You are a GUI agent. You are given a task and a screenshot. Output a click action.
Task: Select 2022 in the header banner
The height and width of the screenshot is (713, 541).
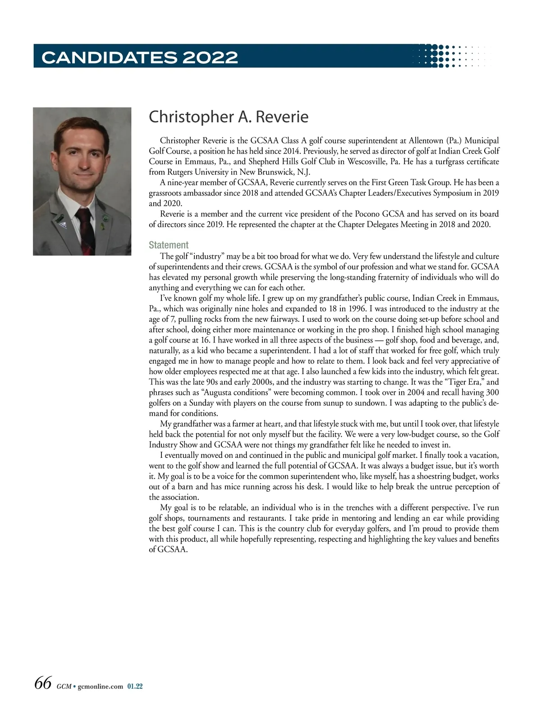click(x=210, y=57)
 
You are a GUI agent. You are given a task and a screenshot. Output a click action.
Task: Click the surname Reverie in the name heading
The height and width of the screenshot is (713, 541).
click(x=282, y=117)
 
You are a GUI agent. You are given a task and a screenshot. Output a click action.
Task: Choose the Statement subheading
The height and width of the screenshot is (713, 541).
click(x=169, y=245)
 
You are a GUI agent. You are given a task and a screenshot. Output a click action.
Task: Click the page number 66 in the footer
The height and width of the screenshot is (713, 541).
click(x=43, y=683)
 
